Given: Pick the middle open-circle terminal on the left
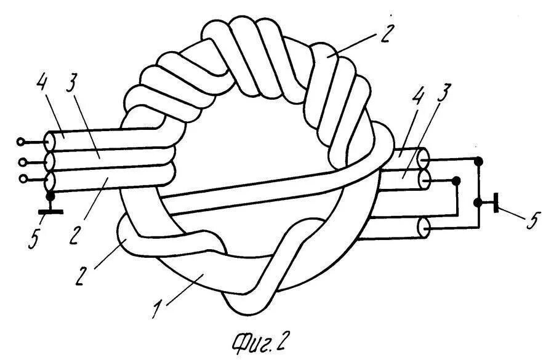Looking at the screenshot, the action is click(23, 162).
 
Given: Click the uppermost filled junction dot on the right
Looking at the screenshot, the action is click(480, 162).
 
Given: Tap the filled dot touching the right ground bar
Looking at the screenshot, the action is click(478, 202).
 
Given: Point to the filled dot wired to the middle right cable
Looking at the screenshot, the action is click(456, 180).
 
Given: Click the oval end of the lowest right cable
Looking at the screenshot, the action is click(422, 229).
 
